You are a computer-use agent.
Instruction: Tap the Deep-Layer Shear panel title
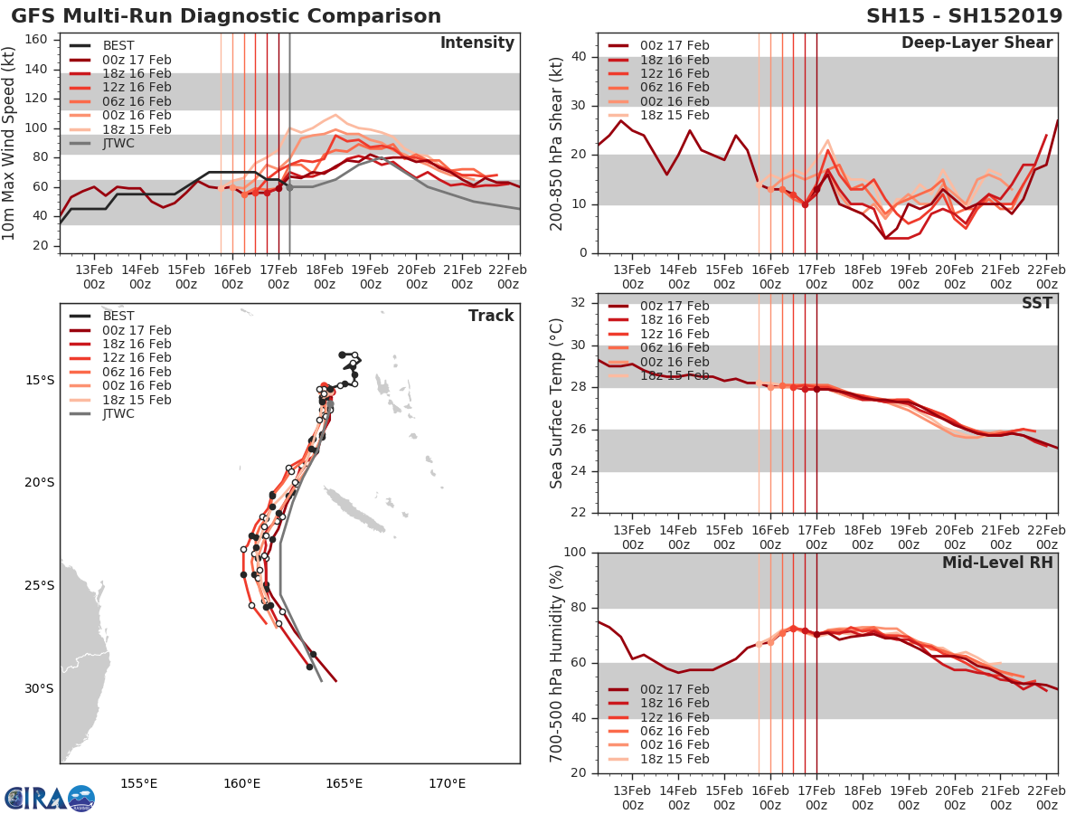point(976,43)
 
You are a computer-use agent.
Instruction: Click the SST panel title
point(1036,303)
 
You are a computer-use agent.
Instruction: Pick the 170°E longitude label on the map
point(447,783)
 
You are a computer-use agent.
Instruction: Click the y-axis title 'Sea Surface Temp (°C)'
point(557,403)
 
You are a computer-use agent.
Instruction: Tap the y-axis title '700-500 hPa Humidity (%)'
point(557,662)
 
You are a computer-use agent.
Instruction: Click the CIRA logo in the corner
point(49,798)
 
